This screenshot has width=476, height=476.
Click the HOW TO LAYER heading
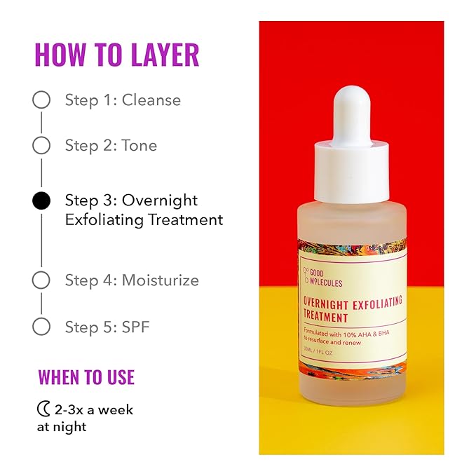pyautogui.click(x=117, y=55)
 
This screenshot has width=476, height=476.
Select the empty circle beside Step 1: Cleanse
pyautogui.click(x=41, y=100)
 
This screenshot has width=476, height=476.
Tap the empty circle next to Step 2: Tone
pyautogui.click(x=41, y=145)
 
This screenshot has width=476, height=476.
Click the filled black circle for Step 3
pyautogui.click(x=41, y=201)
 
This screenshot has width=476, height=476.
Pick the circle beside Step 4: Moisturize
pyautogui.click(x=41, y=280)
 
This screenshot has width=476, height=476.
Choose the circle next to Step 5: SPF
pyautogui.click(x=41, y=326)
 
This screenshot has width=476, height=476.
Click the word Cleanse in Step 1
pyautogui.click(x=151, y=100)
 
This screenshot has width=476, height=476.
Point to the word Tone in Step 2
pyautogui.click(x=139, y=146)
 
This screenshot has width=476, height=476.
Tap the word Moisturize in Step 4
pyautogui.click(x=160, y=280)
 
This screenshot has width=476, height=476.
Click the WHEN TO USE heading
pyautogui.click(x=86, y=376)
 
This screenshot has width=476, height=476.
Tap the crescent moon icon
pyautogui.click(x=43, y=409)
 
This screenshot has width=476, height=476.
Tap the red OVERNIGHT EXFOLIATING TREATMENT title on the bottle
pyautogui.click(x=352, y=308)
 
